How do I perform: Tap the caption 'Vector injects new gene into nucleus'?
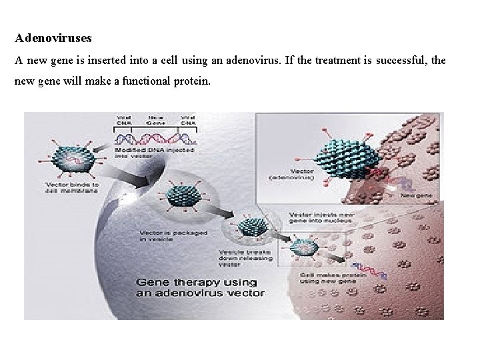point(320,218)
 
